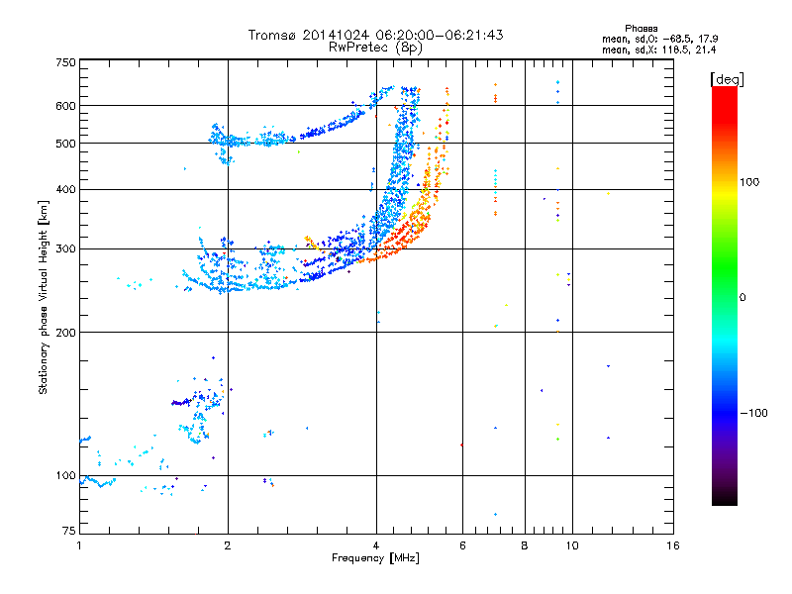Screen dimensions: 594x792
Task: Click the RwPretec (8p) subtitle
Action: click(375, 47)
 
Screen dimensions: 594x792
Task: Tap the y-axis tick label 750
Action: click(65, 63)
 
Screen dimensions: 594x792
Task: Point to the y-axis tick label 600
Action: click(65, 106)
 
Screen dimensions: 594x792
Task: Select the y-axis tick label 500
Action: click(65, 144)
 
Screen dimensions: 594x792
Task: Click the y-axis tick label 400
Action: click(65, 189)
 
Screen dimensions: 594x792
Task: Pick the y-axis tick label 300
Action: click(65, 249)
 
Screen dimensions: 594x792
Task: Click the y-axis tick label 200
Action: click(65, 333)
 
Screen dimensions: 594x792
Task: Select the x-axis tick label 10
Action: click(571, 546)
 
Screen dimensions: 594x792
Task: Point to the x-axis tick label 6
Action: click(461, 546)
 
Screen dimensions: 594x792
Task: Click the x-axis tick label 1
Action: click(79, 546)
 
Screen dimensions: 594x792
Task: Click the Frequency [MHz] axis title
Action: click(375, 558)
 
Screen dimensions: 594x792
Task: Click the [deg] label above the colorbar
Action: click(728, 78)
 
